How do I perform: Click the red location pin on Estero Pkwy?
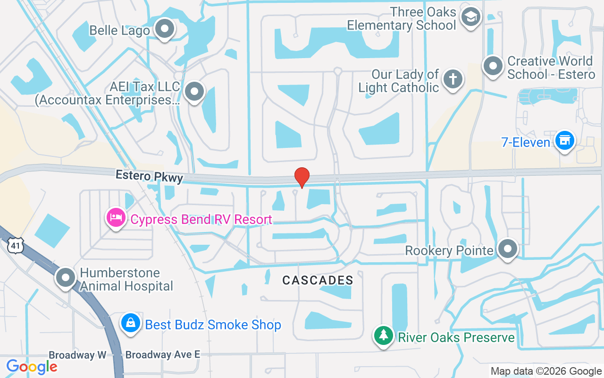(302, 177)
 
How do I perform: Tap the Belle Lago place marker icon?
(165, 29)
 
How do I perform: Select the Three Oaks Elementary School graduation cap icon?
(470, 17)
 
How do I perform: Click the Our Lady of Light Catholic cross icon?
(453, 79)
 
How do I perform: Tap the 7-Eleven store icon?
(564, 141)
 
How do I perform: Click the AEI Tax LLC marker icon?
(194, 92)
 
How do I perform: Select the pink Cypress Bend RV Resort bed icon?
(116, 218)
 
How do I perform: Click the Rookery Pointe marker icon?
(508, 249)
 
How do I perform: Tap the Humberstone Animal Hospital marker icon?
(66, 278)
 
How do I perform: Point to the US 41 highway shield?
(15, 245)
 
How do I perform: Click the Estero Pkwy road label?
(149, 176)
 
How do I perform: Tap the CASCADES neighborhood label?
(318, 280)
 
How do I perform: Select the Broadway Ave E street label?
(163, 354)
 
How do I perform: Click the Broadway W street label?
(77, 355)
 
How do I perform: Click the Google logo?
(32, 367)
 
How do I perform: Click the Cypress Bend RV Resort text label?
(201, 220)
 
